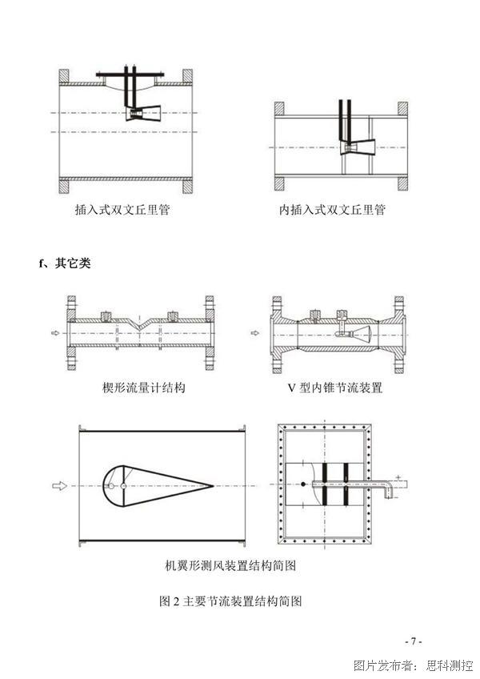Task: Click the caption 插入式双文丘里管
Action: pos(122,210)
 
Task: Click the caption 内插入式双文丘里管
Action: pos(332,210)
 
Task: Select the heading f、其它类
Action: pos(65,263)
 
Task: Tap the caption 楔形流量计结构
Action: pos(144,387)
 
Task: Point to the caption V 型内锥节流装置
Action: pos(335,387)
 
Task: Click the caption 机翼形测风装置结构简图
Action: pos(230,565)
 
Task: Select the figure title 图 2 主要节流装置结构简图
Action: pos(230,601)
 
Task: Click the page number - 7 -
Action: pos(414,641)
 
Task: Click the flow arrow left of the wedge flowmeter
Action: pos(55,333)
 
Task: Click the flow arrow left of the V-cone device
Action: pos(256,333)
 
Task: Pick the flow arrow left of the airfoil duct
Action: pos(60,486)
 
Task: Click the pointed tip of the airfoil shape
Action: pos(214,486)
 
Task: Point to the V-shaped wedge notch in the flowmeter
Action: pos(138,325)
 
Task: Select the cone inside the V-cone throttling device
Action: pos(362,333)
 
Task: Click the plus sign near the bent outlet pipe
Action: pos(398,477)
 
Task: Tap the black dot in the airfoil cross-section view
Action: pos(303,484)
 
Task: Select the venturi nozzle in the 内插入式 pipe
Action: pos(358,147)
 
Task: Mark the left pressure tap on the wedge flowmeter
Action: pos(105,315)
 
